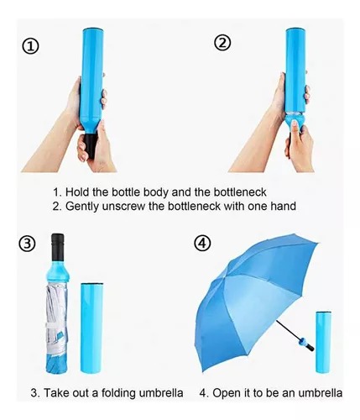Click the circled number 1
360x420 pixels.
pyautogui.click(x=30, y=46)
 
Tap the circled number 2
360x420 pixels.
pyautogui.click(x=222, y=43)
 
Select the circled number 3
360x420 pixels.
pyautogui.click(x=27, y=244)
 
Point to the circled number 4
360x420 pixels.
pyautogui.click(x=202, y=243)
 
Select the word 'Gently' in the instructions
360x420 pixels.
pyautogui.click(x=82, y=207)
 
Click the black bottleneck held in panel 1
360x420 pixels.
pyautogui.click(x=91, y=145)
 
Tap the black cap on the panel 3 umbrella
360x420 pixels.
pyautogui.click(x=58, y=247)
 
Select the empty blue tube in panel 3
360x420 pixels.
pyautogui.click(x=91, y=328)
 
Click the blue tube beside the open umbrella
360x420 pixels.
pyautogui.click(x=323, y=342)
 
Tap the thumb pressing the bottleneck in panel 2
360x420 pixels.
pyautogui.click(x=295, y=126)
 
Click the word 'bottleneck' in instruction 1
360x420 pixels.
pyautogui.click(x=240, y=192)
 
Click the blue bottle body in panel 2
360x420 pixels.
pyautogui.click(x=295, y=70)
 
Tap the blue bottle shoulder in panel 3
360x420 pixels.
pyautogui.click(x=58, y=271)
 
